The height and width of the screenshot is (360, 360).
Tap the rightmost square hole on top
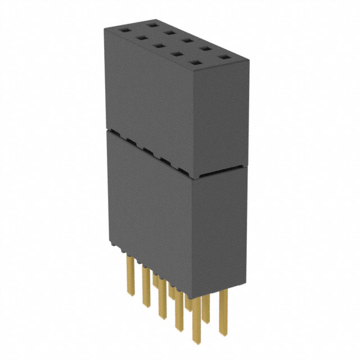pyautogui.click(x=224, y=58)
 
